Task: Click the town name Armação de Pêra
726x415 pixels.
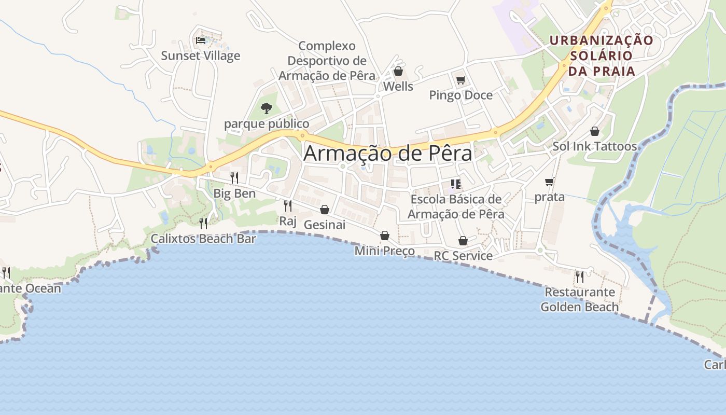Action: click(388, 153)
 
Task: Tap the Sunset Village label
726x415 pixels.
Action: click(201, 56)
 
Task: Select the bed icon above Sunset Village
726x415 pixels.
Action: click(201, 40)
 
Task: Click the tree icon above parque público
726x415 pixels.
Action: click(267, 108)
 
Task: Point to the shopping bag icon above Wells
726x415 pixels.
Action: click(398, 71)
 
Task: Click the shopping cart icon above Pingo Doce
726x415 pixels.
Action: click(460, 80)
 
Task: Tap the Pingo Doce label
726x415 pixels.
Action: click(460, 95)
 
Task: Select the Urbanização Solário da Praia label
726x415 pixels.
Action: click(602, 56)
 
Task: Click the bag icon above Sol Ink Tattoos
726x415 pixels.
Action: click(595, 131)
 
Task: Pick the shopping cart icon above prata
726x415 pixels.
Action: click(550, 182)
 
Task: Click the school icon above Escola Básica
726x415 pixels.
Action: click(456, 184)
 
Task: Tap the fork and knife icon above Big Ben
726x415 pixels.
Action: click(234, 178)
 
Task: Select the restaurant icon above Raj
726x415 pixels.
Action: click(287, 206)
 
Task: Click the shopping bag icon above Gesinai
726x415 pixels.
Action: click(325, 210)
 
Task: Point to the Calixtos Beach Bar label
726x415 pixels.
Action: click(203, 239)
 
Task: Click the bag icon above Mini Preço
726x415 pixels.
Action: click(385, 236)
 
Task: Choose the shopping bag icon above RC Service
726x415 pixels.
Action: click(463, 241)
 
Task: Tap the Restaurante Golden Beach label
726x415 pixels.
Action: click(580, 299)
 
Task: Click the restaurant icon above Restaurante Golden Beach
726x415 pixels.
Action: click(580, 276)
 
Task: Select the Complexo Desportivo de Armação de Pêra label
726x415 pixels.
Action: click(327, 61)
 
